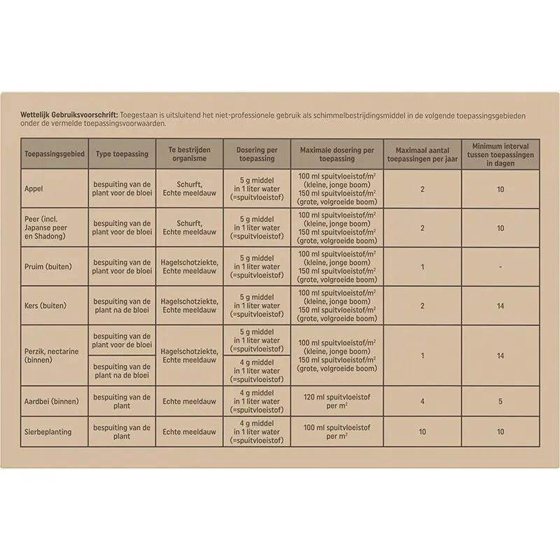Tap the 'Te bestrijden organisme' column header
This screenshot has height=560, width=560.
click(x=190, y=153)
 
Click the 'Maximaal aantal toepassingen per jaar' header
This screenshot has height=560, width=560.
click(x=422, y=153)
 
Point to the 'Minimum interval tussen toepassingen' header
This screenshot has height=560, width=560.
click(x=500, y=153)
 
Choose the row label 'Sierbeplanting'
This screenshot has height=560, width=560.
click(x=48, y=432)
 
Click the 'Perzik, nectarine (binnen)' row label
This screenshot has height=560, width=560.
click(x=49, y=355)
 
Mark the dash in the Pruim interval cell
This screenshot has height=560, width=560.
click(x=500, y=267)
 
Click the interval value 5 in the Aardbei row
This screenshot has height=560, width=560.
click(x=500, y=401)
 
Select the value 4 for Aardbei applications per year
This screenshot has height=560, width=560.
click(x=422, y=401)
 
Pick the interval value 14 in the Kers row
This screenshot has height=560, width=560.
click(x=500, y=305)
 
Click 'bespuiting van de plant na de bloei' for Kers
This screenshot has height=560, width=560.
click(x=122, y=305)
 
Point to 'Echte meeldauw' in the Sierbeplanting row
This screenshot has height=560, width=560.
click(x=190, y=432)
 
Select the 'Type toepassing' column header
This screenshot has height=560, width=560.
click(x=122, y=153)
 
